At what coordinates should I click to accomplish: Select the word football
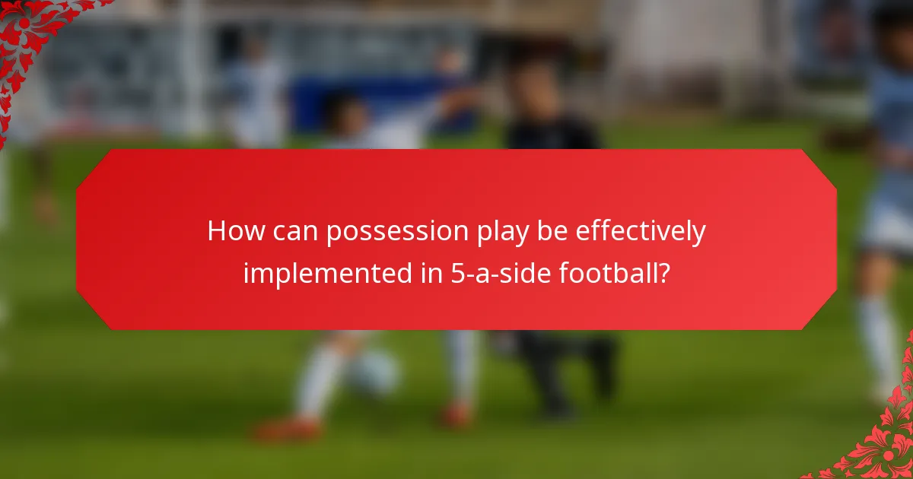click(608, 272)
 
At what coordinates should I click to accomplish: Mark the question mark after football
click(663, 272)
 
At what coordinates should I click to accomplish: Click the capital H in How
click(217, 232)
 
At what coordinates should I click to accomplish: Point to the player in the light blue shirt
click(890, 190)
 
